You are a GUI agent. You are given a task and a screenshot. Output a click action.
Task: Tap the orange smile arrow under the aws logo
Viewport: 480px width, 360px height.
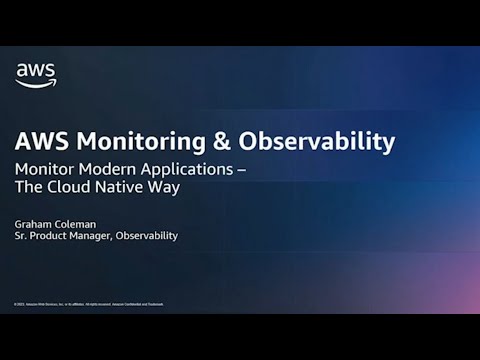(x=36, y=85)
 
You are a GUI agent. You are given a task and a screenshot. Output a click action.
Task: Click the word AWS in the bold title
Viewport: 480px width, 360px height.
(x=42, y=142)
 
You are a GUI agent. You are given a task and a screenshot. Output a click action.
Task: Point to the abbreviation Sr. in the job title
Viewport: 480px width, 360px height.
(x=19, y=236)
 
